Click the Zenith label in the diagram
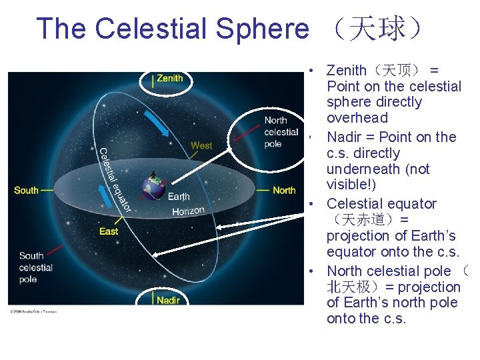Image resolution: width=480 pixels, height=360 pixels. (169, 79)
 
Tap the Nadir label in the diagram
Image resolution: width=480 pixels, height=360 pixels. (168, 300)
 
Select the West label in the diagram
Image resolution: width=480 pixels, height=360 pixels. (201, 145)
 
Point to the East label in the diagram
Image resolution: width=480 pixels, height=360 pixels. (109, 231)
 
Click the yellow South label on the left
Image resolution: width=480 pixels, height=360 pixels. (26, 191)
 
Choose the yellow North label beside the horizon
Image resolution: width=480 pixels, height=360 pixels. (284, 191)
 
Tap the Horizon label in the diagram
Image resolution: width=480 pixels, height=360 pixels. (188, 211)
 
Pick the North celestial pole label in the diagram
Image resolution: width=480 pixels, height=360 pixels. (281, 132)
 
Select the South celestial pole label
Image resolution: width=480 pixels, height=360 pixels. (36, 267)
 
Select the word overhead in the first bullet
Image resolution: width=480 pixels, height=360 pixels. (357, 118)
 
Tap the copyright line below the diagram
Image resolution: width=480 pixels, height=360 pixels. (33, 311)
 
